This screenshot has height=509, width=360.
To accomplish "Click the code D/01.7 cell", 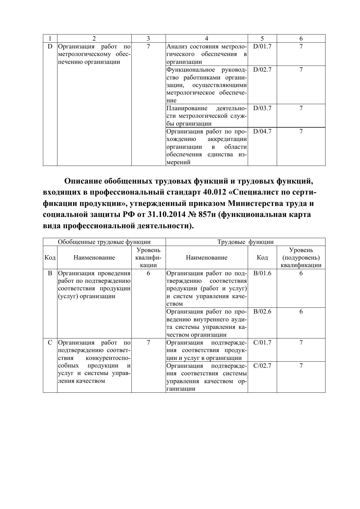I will (262, 46).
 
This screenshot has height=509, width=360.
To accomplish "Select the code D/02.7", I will (262, 70).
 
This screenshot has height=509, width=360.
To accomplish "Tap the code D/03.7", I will (262, 108).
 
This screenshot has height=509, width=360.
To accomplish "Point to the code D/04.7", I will (262, 131).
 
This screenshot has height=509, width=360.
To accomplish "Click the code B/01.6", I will (262, 273).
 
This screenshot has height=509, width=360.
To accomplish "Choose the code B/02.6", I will (262, 311).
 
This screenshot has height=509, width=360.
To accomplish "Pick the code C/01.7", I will (262, 343).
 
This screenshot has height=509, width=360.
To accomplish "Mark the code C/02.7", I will (262, 365).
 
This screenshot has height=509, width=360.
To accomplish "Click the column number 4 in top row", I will (206, 39).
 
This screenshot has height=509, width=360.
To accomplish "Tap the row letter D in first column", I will (50, 46).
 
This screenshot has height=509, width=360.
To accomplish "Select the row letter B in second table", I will (50, 273).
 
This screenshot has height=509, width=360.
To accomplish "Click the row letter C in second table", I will (50, 343).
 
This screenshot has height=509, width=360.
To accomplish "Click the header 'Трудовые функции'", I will (245, 242).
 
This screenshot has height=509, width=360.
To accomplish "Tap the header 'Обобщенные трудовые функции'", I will (104, 242).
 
